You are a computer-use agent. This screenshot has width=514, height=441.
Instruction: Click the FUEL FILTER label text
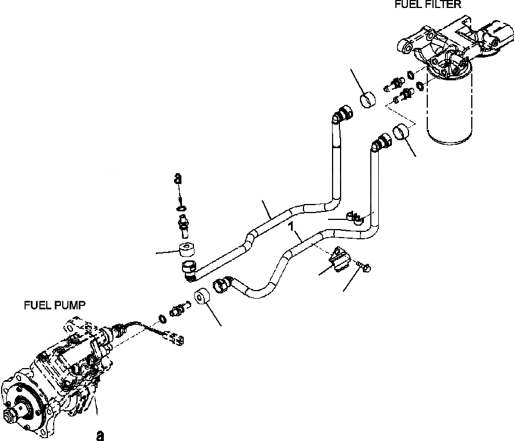coord(428,5)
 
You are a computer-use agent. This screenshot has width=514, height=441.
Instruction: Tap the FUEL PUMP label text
coord(55,305)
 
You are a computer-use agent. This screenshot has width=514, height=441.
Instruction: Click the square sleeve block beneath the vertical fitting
coord(187,250)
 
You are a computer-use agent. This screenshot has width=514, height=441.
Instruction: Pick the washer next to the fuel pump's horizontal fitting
coord(162,318)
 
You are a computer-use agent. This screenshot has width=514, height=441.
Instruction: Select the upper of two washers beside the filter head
coord(411,74)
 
